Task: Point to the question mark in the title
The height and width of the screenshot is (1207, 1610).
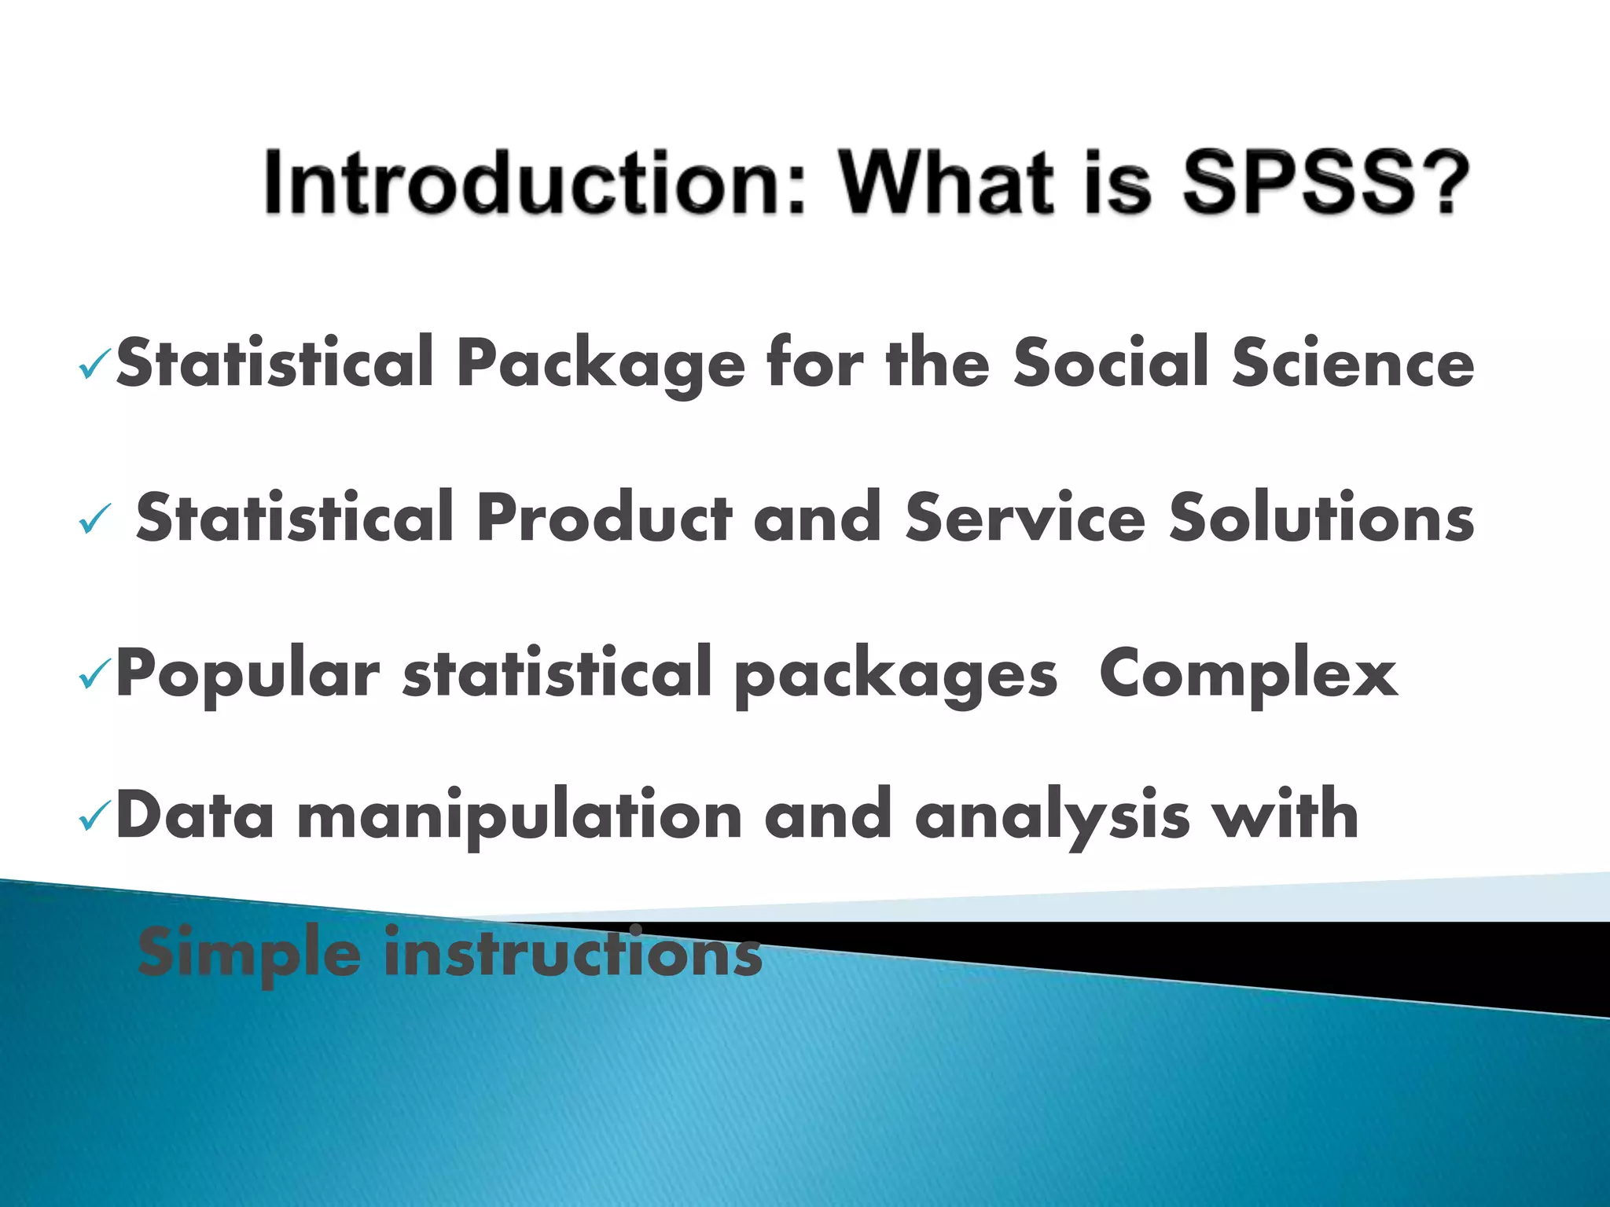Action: (1444, 183)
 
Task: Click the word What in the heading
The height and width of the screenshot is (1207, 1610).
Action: (947, 183)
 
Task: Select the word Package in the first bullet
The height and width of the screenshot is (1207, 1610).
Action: (601, 364)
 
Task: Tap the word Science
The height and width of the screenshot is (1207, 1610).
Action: (1353, 362)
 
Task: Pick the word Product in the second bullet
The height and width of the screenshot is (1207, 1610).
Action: (604, 517)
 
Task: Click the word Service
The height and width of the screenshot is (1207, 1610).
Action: (1024, 517)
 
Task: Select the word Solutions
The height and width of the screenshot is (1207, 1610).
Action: (1321, 517)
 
